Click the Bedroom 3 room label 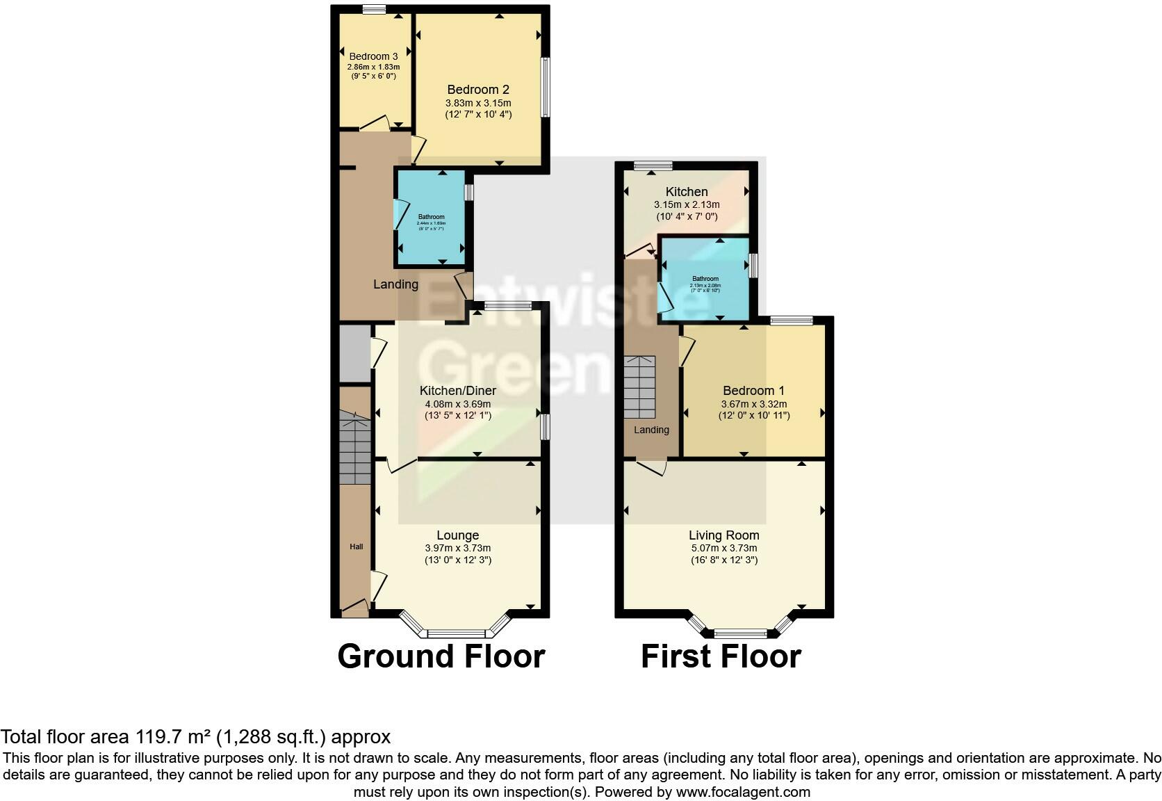(x=373, y=56)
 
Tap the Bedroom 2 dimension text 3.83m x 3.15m (x=478, y=103)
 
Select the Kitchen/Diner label (x=457, y=391)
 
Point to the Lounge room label (x=457, y=535)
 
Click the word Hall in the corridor (x=356, y=547)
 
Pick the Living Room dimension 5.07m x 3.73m (x=723, y=548)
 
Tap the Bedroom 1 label (x=753, y=391)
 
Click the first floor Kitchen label (x=687, y=192)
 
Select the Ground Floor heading (x=441, y=656)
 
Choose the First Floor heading (x=721, y=656)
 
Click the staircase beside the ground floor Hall (x=355, y=449)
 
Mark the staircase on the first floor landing (x=639, y=387)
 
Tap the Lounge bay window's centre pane (x=456, y=633)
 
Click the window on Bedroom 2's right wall (x=546, y=87)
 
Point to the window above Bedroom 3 (x=374, y=9)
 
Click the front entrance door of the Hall (x=355, y=609)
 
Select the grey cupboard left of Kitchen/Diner (x=355, y=353)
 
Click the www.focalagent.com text (x=742, y=792)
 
